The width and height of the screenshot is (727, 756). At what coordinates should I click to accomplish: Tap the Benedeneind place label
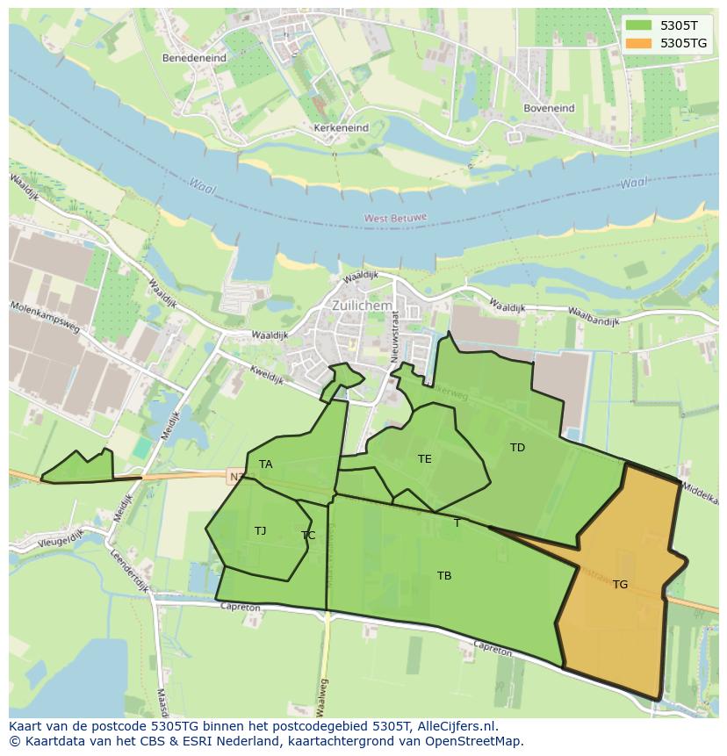pyautogui.click(x=194, y=58)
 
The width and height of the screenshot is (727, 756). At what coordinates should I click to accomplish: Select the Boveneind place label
pyautogui.click(x=549, y=108)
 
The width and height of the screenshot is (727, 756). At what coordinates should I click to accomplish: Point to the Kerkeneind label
pyautogui.click(x=341, y=127)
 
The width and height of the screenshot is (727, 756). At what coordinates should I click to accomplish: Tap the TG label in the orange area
pyautogui.click(x=620, y=584)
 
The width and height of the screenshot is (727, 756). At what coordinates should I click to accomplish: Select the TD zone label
pyautogui.click(x=517, y=447)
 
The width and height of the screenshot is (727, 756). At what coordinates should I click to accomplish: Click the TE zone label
pyautogui.click(x=425, y=458)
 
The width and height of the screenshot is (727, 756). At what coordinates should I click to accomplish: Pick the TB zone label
pyautogui.click(x=444, y=575)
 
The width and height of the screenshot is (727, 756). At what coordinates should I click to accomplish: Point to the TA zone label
pyautogui.click(x=265, y=464)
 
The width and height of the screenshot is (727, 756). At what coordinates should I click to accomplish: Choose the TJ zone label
pyautogui.click(x=260, y=530)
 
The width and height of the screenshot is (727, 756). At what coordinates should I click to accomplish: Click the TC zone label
pyautogui.click(x=308, y=535)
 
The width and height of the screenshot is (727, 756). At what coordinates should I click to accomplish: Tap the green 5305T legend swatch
pyautogui.click(x=639, y=25)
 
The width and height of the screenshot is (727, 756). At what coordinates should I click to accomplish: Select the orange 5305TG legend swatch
pyautogui.click(x=639, y=42)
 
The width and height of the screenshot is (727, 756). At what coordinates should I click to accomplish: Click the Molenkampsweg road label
pyautogui.click(x=45, y=320)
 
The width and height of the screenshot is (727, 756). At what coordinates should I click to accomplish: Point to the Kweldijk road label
pyautogui.click(x=265, y=374)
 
